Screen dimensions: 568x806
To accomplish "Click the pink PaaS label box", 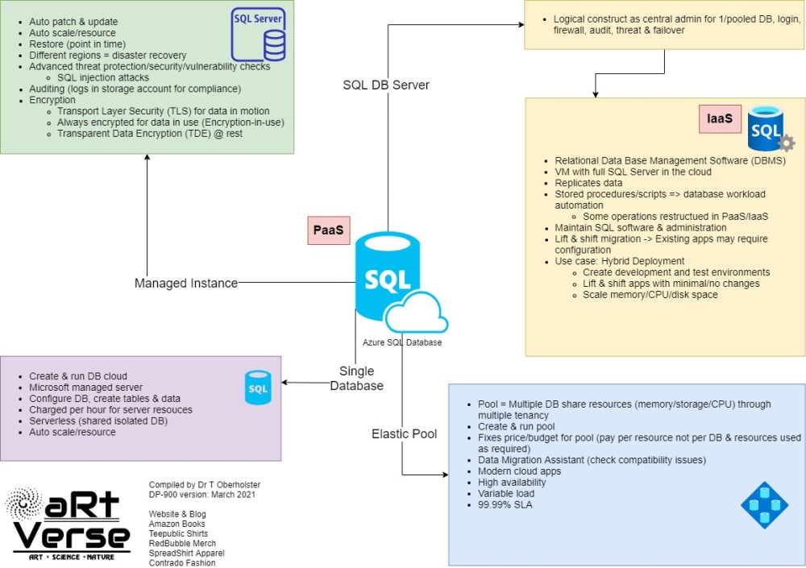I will click(328, 230).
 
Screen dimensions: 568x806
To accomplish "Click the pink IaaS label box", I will click(720, 119).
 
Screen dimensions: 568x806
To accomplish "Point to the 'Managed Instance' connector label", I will click(186, 283).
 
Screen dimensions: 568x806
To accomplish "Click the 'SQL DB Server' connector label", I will click(385, 85).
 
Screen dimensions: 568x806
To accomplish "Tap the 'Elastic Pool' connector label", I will click(404, 433).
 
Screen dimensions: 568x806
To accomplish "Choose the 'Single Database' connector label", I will click(356, 378).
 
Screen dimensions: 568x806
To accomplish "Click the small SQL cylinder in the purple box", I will click(258, 388).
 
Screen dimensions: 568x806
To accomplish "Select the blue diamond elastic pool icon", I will click(764, 505).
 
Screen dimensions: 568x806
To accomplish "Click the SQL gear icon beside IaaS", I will click(768, 130).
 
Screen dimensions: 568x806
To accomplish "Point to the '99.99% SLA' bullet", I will click(506, 504).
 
